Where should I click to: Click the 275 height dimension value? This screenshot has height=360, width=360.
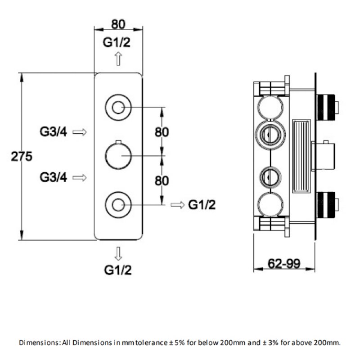pos(22,157)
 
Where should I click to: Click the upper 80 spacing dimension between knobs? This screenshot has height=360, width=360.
pos(162,132)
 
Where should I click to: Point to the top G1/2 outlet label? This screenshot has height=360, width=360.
pos(117,42)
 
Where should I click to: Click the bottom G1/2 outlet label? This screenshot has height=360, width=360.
pos(117,270)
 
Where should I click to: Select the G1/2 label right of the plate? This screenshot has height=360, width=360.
pos(202,205)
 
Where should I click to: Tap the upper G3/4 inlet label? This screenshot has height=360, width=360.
pos(53,132)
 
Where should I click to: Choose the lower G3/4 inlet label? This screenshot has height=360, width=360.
pos(53,177)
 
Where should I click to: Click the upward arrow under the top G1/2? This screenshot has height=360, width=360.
pos(118,58)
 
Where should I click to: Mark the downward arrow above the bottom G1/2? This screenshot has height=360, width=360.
pos(118,254)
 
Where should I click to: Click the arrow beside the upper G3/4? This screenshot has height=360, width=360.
pos(80,132)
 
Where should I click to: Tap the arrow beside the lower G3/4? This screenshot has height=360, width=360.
pos(80,177)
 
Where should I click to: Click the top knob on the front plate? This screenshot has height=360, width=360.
pos(118,107)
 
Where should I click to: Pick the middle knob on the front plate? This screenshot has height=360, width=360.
pos(118,155)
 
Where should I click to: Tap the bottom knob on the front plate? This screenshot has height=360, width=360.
pos(118,205)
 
